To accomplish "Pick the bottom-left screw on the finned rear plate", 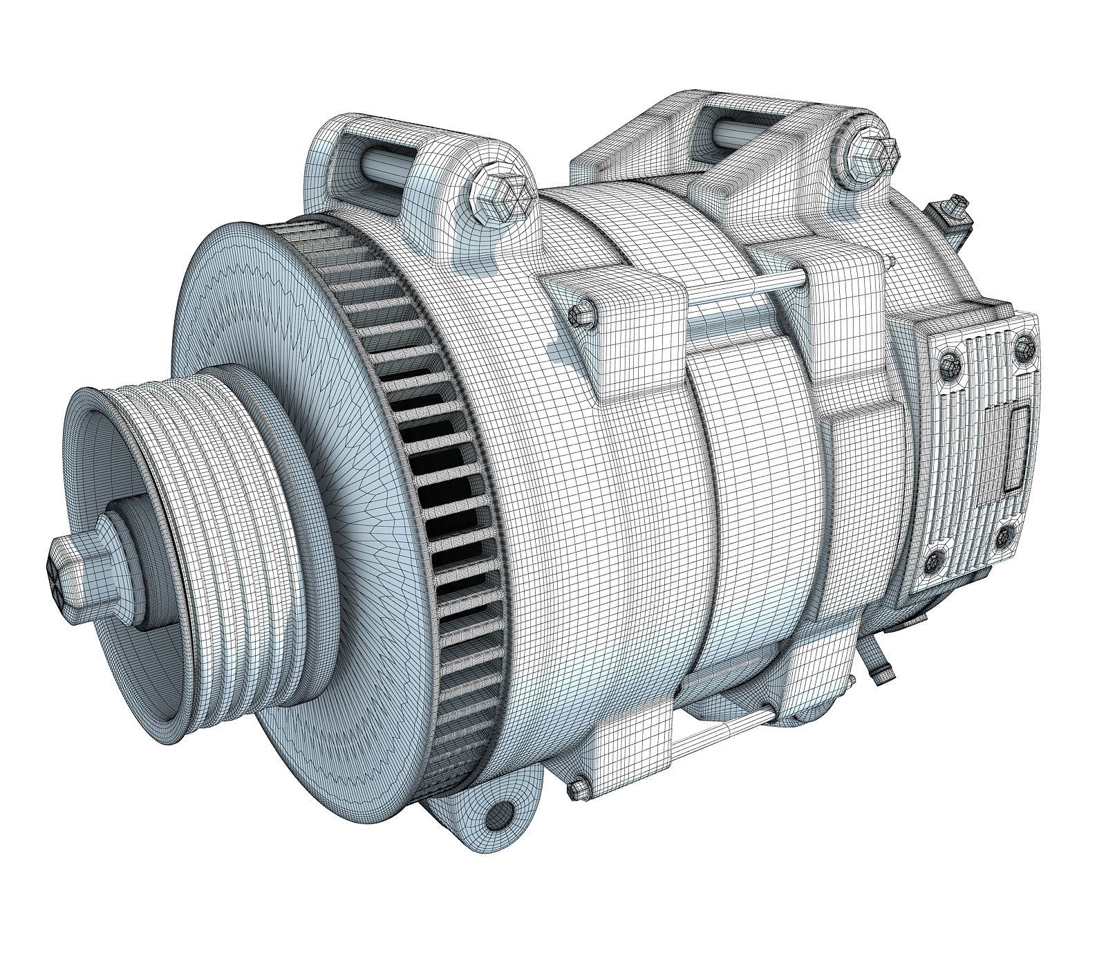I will (x=937, y=561).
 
